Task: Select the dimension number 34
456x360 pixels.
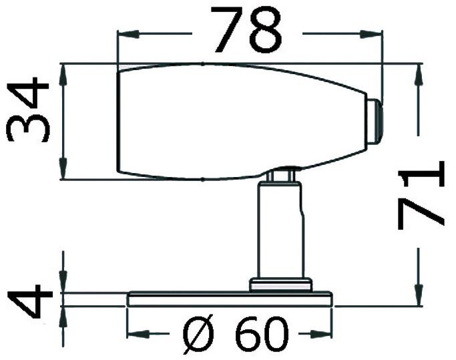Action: (28, 111)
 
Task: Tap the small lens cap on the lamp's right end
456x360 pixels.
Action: (375, 122)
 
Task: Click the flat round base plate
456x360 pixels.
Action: (230, 298)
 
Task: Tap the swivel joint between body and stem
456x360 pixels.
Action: (283, 173)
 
